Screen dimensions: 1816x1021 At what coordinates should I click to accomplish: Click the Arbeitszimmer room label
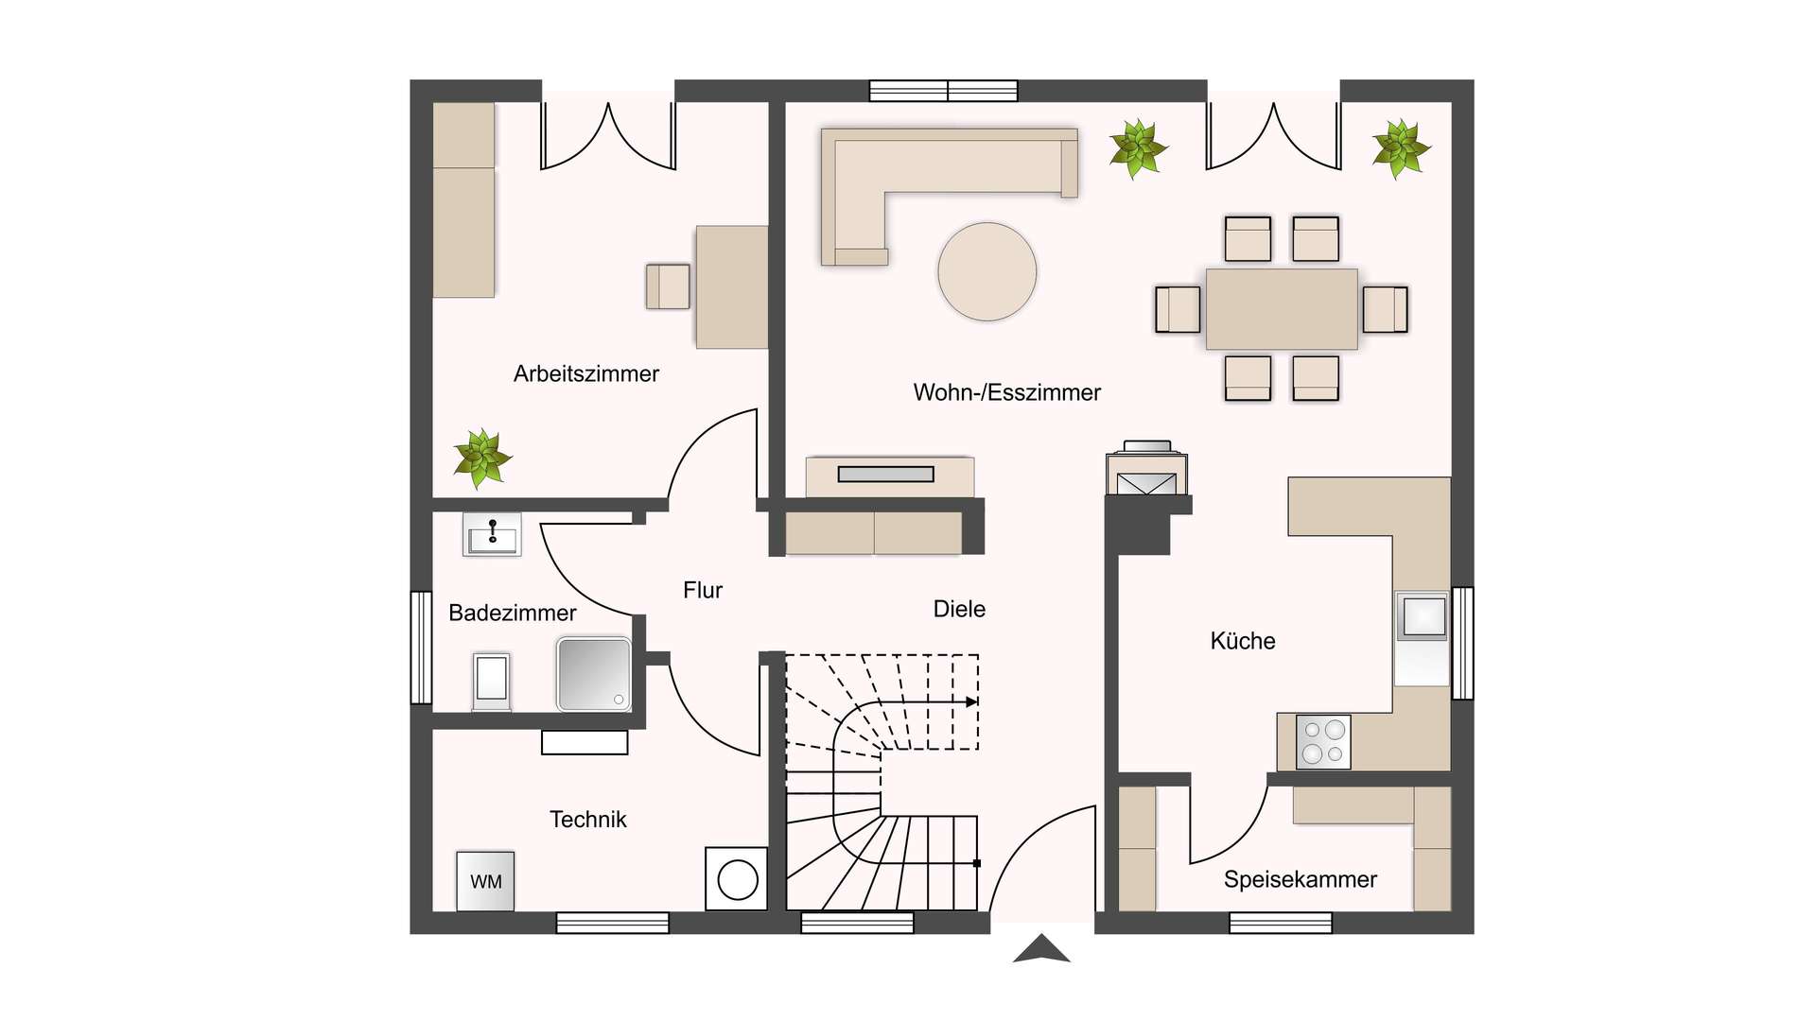(586, 373)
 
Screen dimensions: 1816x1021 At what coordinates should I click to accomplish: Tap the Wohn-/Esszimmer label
(1007, 392)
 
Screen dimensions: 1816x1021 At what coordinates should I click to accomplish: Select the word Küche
(1243, 641)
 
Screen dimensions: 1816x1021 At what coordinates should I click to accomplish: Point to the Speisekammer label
(1301, 879)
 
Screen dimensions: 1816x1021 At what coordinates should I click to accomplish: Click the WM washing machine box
(485, 881)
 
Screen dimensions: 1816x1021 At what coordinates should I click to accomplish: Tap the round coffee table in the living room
(987, 271)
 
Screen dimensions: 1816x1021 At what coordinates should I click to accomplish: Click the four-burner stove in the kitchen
(1323, 741)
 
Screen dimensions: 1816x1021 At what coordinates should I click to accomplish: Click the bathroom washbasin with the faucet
(492, 534)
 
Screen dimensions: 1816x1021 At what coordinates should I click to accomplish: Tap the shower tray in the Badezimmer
(594, 674)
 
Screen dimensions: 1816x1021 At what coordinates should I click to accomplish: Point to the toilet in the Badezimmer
(491, 681)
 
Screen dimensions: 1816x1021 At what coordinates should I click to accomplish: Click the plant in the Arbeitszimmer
(482, 459)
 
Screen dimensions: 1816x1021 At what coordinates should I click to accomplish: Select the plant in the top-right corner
(1401, 148)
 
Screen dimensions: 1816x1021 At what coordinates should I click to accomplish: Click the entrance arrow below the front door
(1041, 948)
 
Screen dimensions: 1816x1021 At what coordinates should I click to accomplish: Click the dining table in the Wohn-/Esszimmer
(1282, 309)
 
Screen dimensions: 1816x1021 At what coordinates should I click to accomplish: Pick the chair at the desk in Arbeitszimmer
(668, 286)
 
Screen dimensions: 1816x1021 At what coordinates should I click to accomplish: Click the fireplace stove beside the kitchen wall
(1147, 469)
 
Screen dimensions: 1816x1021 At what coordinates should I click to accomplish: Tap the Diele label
(959, 609)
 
